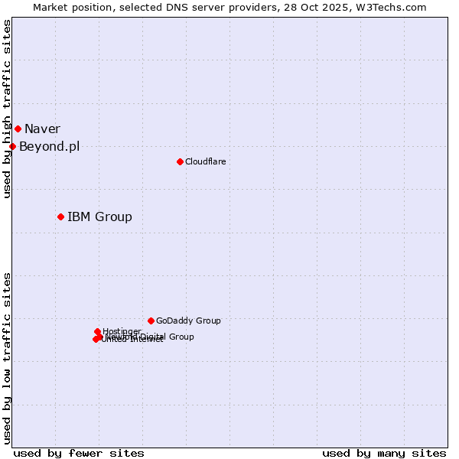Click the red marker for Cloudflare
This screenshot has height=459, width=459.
180,161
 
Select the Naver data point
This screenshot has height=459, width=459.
18,129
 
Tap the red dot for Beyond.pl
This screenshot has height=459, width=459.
12,146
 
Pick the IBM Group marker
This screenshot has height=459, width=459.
60,216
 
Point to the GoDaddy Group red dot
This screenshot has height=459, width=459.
151,321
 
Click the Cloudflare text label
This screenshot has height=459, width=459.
205,161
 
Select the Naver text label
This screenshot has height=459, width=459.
42,129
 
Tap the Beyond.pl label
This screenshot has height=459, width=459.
49,147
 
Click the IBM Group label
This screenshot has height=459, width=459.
99,216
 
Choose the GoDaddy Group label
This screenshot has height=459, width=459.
188,321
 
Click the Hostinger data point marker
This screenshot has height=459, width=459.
97,331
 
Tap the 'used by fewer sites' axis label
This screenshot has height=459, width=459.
79,453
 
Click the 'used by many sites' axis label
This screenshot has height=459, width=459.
384,453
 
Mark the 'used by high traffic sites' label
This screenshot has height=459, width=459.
7,109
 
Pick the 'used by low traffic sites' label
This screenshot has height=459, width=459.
7,357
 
